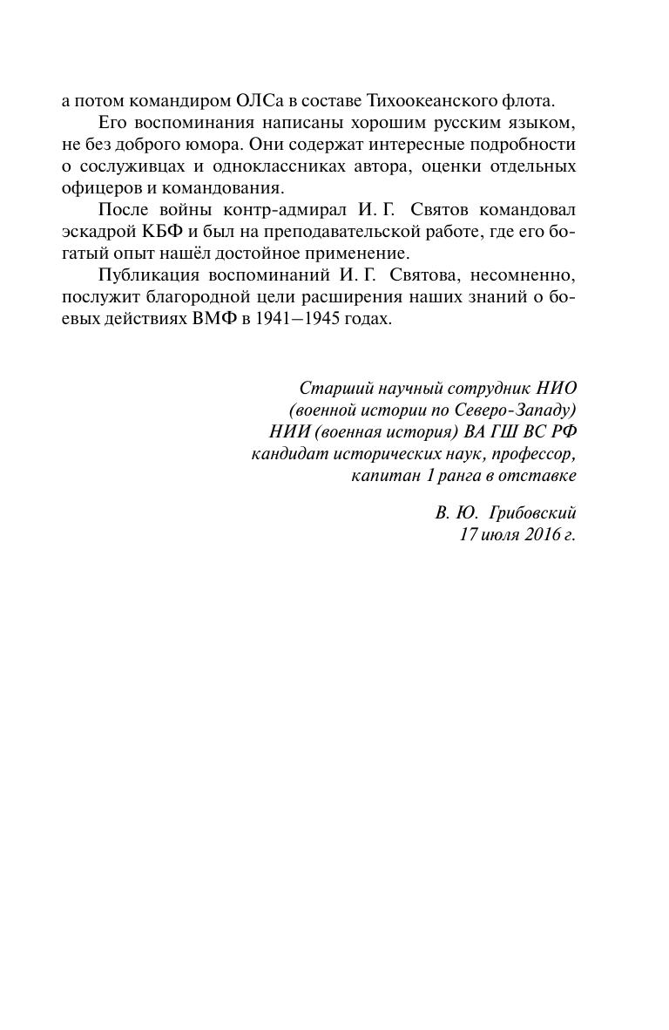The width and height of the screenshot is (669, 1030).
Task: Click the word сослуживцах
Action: pos(130,166)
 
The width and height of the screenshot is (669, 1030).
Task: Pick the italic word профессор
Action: pos(532,454)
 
